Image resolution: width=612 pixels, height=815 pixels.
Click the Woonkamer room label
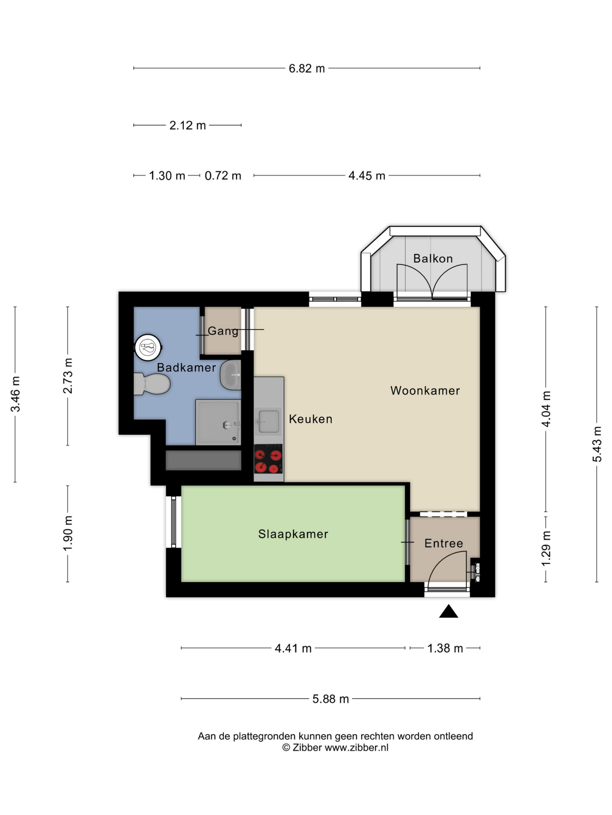425,391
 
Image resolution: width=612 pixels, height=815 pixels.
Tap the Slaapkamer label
293,534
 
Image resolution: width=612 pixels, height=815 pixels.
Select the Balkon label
433,258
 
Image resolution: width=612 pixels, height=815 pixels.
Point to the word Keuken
311,419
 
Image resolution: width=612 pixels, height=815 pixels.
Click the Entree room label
443,543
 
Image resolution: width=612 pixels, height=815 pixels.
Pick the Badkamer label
186,367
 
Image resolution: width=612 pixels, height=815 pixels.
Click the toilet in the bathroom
151,384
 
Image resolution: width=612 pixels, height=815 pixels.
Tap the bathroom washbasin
230,374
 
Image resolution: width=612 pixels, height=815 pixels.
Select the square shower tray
218,422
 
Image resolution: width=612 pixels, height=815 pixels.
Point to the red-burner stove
268,459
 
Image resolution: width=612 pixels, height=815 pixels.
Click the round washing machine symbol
148,347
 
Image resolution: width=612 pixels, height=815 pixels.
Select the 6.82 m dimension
307,68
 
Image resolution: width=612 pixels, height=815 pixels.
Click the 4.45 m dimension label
367,176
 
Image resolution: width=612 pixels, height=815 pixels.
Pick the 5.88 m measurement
330,699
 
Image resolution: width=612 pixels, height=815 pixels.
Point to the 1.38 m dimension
445,648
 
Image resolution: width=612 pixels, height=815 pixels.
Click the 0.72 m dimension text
223,176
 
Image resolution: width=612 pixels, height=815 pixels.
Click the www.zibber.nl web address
356,747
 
